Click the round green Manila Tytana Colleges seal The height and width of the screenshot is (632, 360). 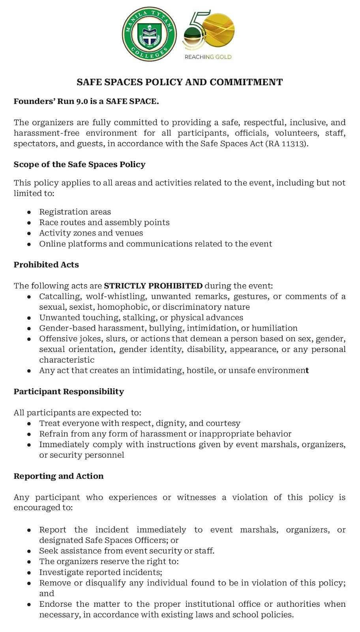coord(149,34)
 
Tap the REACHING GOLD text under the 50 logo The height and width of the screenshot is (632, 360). coord(208,57)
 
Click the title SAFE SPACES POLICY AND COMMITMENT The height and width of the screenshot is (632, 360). coord(180,82)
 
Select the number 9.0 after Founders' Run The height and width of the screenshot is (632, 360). coord(82,102)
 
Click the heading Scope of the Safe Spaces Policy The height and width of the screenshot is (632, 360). coord(79,164)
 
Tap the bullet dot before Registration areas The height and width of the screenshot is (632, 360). coord(29,212)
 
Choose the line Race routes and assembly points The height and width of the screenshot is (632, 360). coord(104,222)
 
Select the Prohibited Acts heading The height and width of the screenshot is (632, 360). coord(46,265)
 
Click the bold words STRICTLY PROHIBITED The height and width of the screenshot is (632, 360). coord(153,286)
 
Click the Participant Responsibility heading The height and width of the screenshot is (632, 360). coord(69,391)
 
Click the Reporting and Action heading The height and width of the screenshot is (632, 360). coord(58,476)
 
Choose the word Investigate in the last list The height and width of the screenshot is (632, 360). coord(61,572)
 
